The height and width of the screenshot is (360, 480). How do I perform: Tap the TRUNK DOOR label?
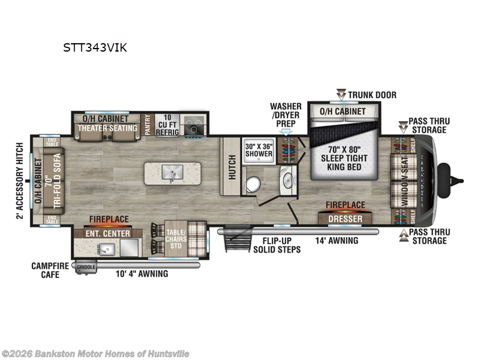coord(372,95)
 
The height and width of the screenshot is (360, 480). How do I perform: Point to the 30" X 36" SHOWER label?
coord(258,150)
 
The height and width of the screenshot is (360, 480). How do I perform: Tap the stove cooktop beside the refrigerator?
coord(194,124)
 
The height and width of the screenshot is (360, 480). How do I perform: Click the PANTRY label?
coord(147,125)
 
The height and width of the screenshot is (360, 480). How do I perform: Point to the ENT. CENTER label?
coord(109,233)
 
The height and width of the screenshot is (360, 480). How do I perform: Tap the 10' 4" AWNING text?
coord(142,274)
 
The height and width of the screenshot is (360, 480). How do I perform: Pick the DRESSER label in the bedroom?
coord(345,219)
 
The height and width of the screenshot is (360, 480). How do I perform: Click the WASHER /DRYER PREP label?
coord(285,115)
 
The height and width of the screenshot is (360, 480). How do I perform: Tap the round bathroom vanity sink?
coord(287,181)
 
